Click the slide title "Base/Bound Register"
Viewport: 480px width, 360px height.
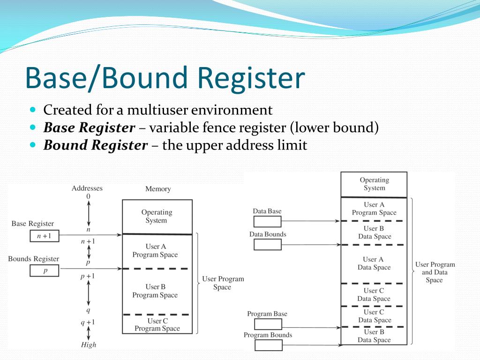point(165,78)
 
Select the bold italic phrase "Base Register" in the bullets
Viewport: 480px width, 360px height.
point(89,127)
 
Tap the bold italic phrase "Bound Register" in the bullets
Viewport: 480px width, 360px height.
point(95,145)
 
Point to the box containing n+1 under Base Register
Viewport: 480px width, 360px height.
point(44,236)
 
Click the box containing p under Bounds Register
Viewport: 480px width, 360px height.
point(44,271)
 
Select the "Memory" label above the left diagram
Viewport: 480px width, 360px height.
point(158,189)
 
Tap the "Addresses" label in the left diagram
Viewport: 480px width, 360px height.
point(87,188)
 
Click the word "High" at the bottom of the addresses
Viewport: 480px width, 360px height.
point(88,345)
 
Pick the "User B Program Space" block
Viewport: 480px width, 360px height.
point(155,291)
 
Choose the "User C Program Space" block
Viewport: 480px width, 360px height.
point(157,324)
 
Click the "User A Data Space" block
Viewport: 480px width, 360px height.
point(374,263)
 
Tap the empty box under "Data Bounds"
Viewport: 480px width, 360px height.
point(267,244)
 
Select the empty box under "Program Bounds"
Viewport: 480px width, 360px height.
point(268,345)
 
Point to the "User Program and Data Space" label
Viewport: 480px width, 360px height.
point(435,272)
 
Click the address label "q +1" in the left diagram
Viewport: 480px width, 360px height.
point(88,322)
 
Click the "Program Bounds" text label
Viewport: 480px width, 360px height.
point(268,335)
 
